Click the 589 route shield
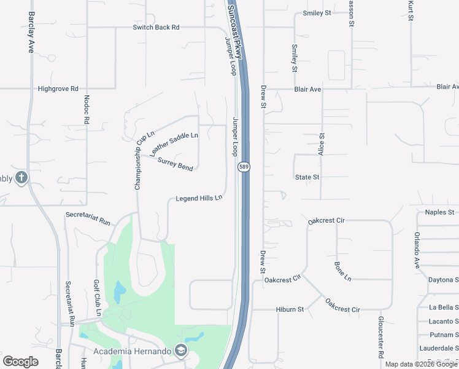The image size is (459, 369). click(244, 167)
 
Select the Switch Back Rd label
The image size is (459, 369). click(156, 28)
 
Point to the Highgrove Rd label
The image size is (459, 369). click(58, 89)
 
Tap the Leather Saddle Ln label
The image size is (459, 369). click(174, 144)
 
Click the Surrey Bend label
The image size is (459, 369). click(175, 165)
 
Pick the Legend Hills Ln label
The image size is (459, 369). click(198, 199)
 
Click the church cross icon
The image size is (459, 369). click(21, 178)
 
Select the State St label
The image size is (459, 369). click(307, 177)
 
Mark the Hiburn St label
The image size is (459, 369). click(290, 309)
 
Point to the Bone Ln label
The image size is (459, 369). click(342, 272)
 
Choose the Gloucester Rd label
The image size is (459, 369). click(381, 337)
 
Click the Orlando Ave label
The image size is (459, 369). click(416, 244)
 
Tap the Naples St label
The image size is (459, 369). click(439, 212)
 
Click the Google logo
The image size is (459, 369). click(21, 362)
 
